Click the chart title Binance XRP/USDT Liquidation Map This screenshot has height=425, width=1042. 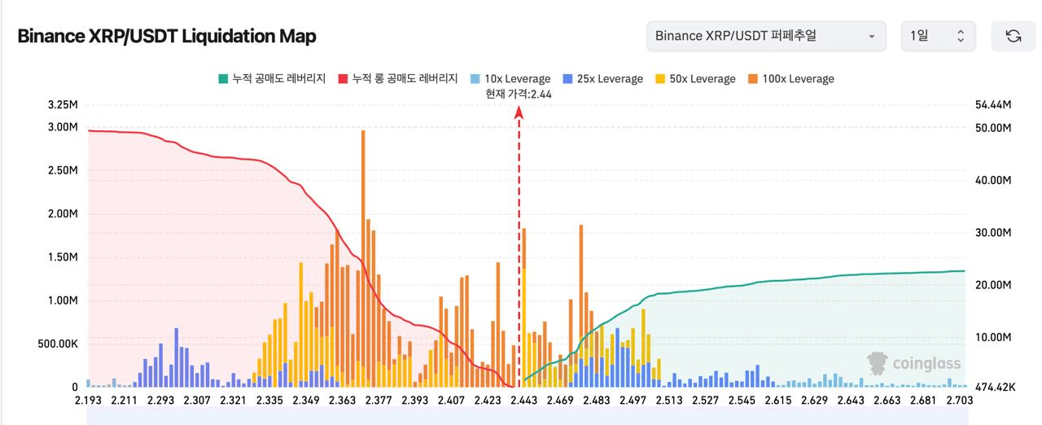tap(167, 37)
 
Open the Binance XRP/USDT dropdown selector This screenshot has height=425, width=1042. tap(765, 36)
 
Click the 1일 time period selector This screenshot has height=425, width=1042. tap(937, 36)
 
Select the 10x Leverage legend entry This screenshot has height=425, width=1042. tap(510, 79)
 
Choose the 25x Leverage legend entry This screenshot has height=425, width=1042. tap(602, 79)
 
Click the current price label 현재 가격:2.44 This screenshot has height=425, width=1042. tap(519, 94)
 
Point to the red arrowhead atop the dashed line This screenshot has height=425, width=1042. tap(519, 113)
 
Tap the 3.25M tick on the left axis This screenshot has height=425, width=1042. tap(63, 106)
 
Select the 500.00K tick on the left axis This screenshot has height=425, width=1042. tap(58, 344)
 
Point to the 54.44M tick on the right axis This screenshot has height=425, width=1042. tap(992, 106)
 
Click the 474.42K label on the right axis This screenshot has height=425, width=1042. tap(994, 388)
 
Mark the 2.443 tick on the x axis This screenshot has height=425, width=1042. tap(523, 401)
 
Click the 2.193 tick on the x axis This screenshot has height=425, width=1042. tap(90, 401)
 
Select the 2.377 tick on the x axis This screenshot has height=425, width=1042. tap(379, 401)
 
